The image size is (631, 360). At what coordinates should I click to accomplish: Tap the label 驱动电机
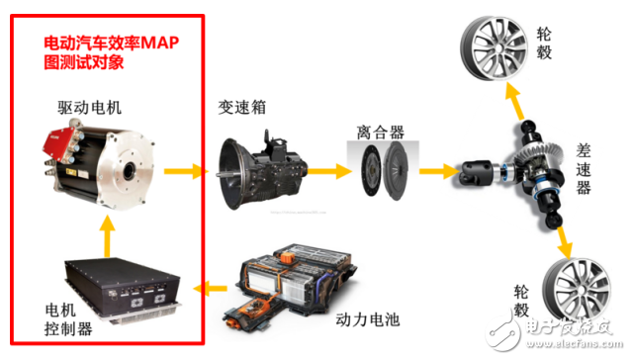coord(92,106)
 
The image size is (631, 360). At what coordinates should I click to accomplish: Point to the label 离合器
coord(379,130)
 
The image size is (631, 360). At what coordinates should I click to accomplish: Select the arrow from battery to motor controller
coord(211,288)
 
